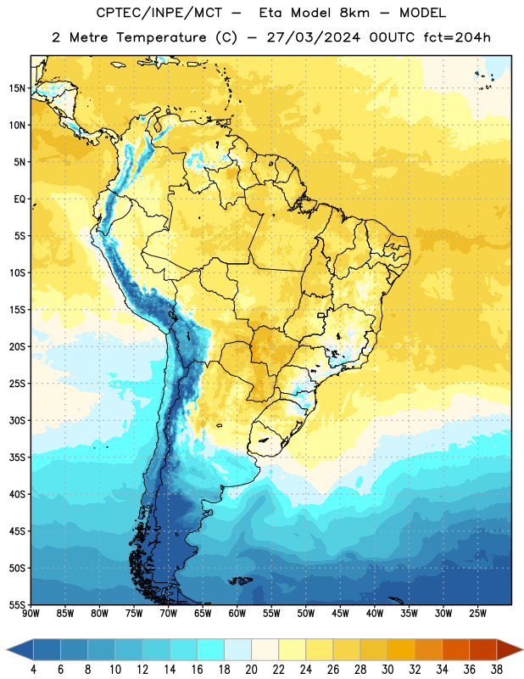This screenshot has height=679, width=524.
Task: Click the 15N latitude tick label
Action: pos(17,88)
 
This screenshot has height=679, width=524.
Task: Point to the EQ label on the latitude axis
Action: pos(20,199)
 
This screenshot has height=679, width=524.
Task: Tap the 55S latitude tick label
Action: pos(17,605)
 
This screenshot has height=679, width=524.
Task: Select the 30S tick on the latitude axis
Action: pos(17,420)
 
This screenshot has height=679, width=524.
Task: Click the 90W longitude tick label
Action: pos(31,614)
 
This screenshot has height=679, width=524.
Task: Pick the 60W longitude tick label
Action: pos(237,614)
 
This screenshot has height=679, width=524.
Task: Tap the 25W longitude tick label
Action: pos(477,614)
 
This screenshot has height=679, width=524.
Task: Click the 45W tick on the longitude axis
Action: pos(340,614)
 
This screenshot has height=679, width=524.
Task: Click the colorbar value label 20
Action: pos(251,670)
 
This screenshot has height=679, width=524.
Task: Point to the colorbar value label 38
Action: pos(497,670)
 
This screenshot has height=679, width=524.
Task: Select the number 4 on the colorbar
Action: pos(33,670)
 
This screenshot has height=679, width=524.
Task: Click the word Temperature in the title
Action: pos(161,37)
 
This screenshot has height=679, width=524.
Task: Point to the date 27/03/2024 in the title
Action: pos(313,37)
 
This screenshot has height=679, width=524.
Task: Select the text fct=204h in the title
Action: pos(457,37)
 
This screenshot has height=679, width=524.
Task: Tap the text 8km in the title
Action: pos(354,13)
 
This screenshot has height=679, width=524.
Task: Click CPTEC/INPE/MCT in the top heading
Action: pos(159,13)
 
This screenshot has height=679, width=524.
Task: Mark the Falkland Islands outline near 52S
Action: pos(240,581)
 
